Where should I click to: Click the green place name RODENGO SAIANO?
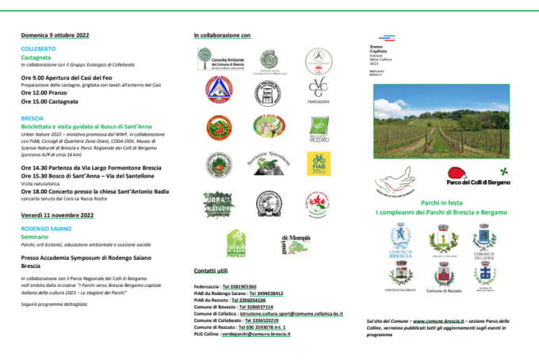44,229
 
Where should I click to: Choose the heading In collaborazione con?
222,36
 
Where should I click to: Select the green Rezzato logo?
319,127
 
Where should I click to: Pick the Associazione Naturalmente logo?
268,162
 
